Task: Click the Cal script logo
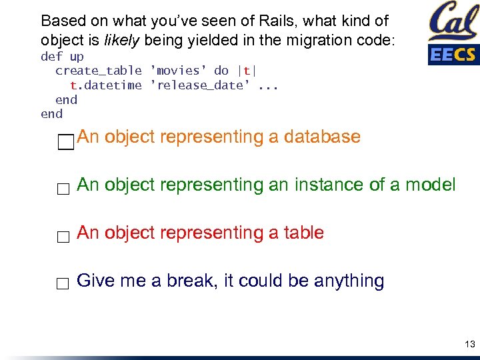[x=453, y=21]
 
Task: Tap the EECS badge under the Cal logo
[x=453, y=54]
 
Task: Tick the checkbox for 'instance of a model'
[x=63, y=189]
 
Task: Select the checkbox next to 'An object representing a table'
[x=63, y=237]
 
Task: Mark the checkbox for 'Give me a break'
[x=63, y=285]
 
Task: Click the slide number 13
[x=469, y=344]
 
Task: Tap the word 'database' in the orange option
[x=322, y=137]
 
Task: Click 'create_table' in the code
[x=99, y=71]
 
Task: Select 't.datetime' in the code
[x=106, y=85]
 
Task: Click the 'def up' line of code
[x=62, y=57]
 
